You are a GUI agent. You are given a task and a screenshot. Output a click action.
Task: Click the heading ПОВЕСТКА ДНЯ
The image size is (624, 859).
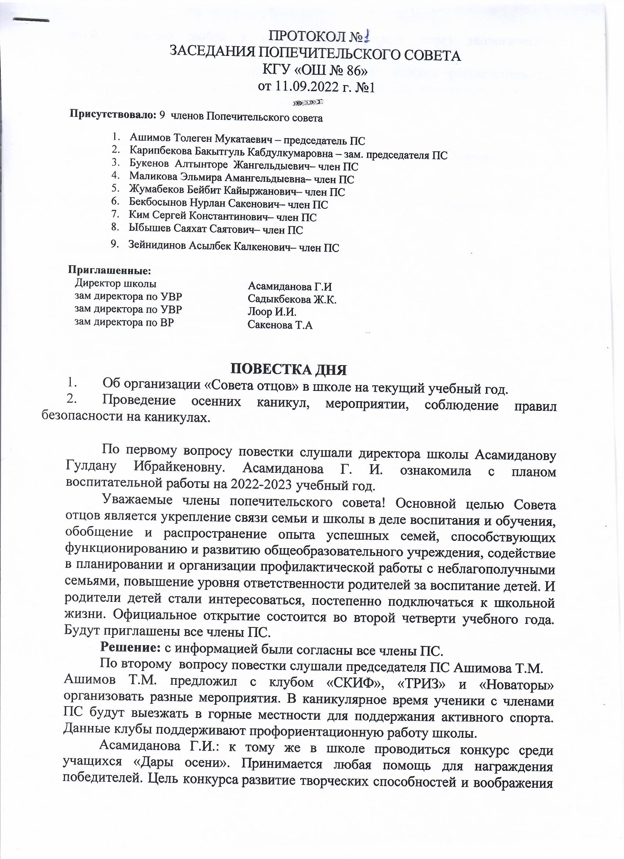click(x=289, y=369)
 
